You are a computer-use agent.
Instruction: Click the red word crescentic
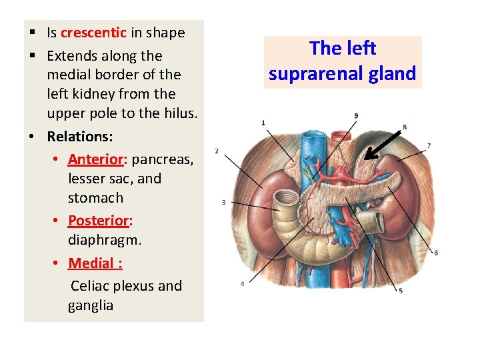point(93,33)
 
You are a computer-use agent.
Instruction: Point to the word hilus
point(179,113)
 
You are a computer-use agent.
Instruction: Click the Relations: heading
point(80,137)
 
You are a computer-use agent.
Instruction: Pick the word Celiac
point(92,286)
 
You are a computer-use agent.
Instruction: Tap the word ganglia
point(91,305)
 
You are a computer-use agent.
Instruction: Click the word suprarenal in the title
point(313,73)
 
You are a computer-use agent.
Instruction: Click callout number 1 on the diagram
point(263,123)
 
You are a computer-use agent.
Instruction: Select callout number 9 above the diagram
point(356,115)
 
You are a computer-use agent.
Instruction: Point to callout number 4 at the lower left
point(242,284)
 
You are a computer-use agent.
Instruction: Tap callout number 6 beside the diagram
point(436,253)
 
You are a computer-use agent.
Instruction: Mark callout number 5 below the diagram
point(400,291)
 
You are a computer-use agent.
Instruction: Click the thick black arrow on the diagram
point(382,145)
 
